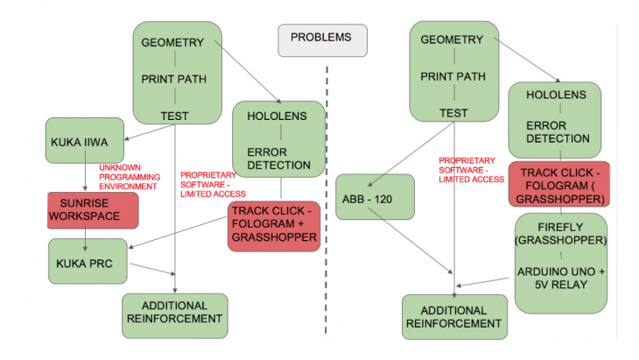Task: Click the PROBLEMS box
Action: (x=322, y=39)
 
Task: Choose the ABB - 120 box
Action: (x=375, y=197)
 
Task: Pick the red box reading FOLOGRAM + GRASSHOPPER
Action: (x=273, y=226)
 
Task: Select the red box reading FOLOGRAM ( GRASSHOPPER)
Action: (x=558, y=185)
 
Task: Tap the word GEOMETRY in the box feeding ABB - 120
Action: (x=452, y=39)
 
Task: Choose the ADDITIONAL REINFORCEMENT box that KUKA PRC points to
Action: (x=175, y=313)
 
